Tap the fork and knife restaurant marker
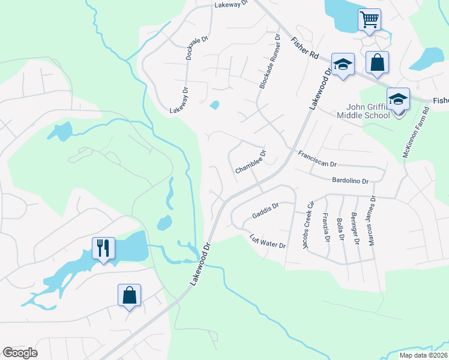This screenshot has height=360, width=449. [103, 248]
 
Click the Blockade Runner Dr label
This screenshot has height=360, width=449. [270, 62]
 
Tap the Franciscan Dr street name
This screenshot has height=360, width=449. [318, 159]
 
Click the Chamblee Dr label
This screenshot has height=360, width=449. [250, 162]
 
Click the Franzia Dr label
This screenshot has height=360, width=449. [326, 227]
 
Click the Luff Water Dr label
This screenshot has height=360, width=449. [268, 241]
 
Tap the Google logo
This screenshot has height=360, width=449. [20, 353]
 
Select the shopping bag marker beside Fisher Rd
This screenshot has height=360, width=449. [377, 63]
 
